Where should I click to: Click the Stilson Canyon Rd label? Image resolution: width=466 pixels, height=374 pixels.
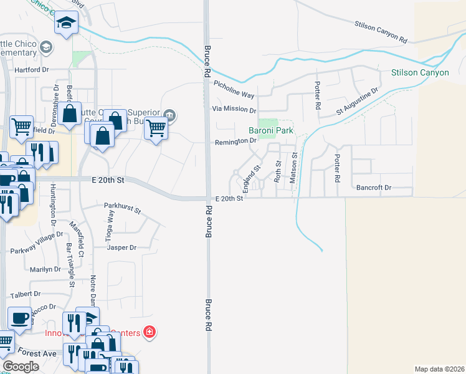pos(381,32)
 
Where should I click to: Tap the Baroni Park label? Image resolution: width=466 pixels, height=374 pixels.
pos(271,131)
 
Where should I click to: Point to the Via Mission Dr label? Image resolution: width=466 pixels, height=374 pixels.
pos(234,109)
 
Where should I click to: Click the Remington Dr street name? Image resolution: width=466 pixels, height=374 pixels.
pos(235,141)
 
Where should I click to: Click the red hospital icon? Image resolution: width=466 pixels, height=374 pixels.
pos(149,332)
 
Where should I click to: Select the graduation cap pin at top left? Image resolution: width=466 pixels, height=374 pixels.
pos(65,24)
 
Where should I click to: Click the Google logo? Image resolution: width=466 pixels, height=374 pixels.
pos(21,367)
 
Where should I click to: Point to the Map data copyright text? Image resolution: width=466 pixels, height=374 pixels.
pos(440,369)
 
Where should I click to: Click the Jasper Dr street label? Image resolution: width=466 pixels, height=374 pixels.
pos(121,247)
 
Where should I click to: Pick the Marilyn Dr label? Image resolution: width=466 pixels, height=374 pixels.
pos(45,269)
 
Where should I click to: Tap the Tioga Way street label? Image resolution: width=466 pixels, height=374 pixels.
pos(111,225)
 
